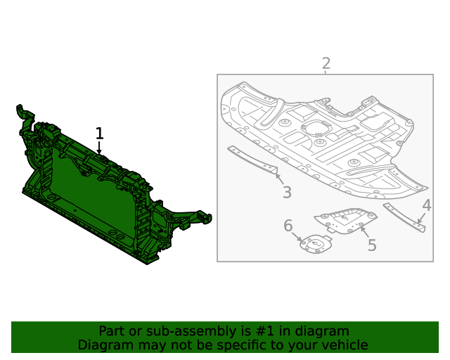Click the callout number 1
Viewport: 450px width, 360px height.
(x=99, y=133)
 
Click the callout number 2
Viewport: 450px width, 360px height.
(x=326, y=64)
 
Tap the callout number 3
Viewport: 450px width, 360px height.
(x=287, y=193)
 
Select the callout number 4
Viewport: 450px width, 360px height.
(x=427, y=205)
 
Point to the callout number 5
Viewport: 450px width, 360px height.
(x=372, y=245)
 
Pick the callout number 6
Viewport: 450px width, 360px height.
(x=288, y=226)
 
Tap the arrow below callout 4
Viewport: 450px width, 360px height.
(x=421, y=219)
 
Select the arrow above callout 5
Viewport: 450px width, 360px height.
(x=364, y=230)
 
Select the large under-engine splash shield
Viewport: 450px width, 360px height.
(x=323, y=141)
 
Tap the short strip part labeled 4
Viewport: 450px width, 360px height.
(x=404, y=218)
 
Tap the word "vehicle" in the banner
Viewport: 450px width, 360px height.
(x=345, y=345)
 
